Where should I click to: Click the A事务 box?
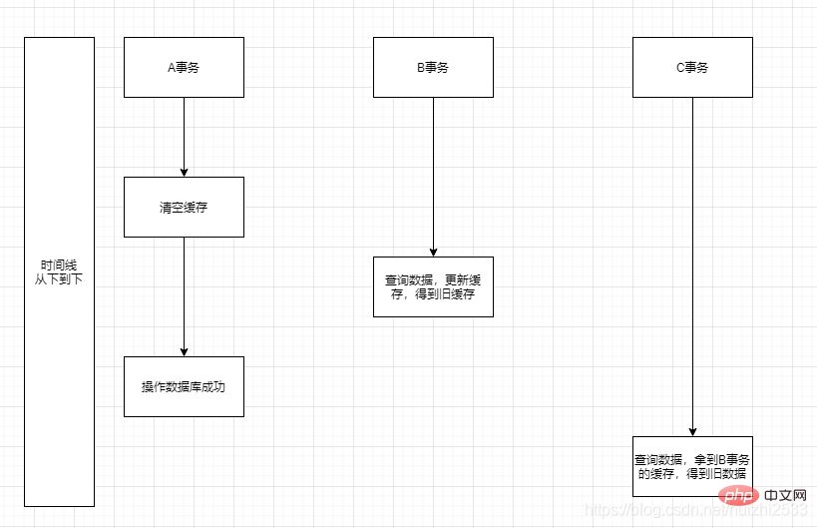click(x=184, y=68)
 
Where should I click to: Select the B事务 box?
click(x=433, y=68)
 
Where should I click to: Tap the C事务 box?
click(x=692, y=68)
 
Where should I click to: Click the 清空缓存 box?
click(x=184, y=208)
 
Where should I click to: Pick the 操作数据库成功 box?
click(x=184, y=386)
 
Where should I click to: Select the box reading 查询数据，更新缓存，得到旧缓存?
click(x=433, y=287)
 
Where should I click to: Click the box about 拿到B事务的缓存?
click(x=692, y=466)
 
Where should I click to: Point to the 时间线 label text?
click(x=59, y=265)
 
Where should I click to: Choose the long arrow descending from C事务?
click(x=692, y=260)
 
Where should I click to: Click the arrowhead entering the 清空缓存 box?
click(x=184, y=172)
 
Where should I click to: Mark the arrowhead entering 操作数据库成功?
click(x=184, y=351)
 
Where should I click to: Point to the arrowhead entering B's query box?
click(x=433, y=252)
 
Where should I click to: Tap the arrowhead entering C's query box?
click(x=692, y=431)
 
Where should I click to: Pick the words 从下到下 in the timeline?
click(x=59, y=279)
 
